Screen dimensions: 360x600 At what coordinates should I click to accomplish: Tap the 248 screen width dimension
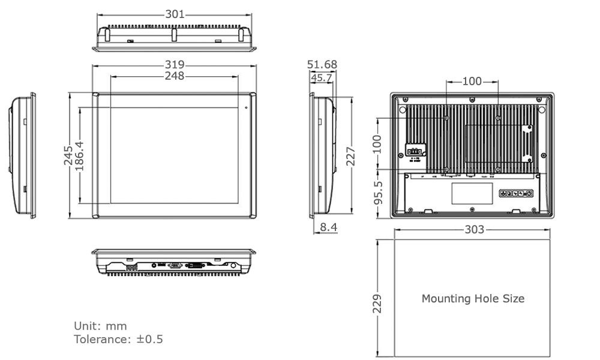175,76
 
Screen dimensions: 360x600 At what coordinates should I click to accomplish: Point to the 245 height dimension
68,155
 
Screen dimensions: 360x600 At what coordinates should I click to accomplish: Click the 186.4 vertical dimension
79,155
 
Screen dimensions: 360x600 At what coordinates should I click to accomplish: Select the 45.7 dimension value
322,77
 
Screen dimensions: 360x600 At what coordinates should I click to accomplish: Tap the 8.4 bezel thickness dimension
328,227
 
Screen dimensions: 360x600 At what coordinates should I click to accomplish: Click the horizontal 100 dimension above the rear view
472,81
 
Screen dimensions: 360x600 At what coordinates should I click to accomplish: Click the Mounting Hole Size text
473,298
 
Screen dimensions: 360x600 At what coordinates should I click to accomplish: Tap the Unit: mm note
100,326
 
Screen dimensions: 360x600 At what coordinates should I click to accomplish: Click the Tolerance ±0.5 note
118,340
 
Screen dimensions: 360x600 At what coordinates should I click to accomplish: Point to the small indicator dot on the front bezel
246,108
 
